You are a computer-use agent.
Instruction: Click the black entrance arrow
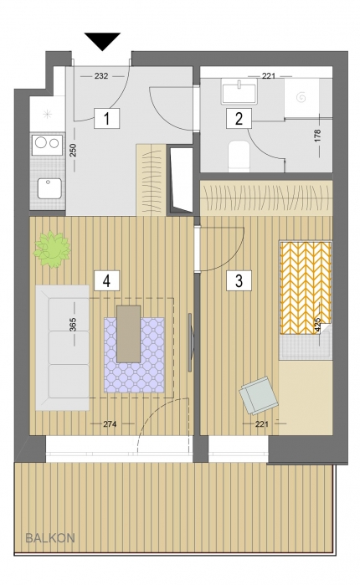[x=103, y=40]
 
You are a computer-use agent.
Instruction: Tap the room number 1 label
[x=106, y=118]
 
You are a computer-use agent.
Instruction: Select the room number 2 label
[x=239, y=118]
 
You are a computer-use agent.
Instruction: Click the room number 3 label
[x=239, y=280]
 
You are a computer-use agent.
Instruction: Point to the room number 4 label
[x=106, y=280]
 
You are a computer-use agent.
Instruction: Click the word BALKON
[x=50, y=538]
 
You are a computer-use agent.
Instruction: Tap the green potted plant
[x=52, y=249]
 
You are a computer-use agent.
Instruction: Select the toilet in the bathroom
[x=239, y=157]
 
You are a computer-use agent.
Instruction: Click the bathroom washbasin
[x=239, y=91]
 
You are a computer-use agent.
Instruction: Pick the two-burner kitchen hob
[x=48, y=144]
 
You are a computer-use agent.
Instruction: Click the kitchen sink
[x=49, y=188]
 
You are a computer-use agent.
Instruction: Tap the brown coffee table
[x=129, y=334]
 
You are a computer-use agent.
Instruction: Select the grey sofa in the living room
[x=62, y=347]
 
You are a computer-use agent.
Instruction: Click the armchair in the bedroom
[x=259, y=396]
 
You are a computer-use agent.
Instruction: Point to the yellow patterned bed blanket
[x=306, y=288]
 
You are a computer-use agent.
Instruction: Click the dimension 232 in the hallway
[x=101, y=76]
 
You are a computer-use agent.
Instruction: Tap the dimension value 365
[x=73, y=325]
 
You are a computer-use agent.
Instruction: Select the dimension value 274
[x=110, y=424]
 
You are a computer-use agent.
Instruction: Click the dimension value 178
[x=317, y=136]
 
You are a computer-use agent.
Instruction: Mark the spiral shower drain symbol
[x=301, y=97]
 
